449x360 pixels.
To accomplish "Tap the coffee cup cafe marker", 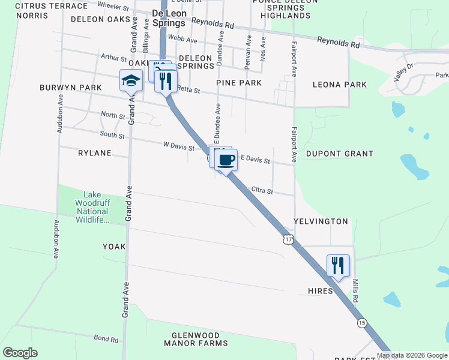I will click(x=226, y=161).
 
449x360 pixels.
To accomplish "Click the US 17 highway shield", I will click(x=289, y=239).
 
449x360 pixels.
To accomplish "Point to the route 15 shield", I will click(x=361, y=323).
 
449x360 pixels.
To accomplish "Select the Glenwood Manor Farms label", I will click(x=196, y=339).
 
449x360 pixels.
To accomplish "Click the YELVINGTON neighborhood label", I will click(x=321, y=221).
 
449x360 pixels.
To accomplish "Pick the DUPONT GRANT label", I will click(x=340, y=154).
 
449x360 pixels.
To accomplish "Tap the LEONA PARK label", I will click(x=340, y=85).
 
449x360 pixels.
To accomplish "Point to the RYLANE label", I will click(x=95, y=153).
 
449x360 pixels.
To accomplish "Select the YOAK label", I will click(x=114, y=247).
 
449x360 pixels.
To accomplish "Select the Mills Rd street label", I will click(x=355, y=290).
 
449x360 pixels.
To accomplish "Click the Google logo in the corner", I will click(x=20, y=353).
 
